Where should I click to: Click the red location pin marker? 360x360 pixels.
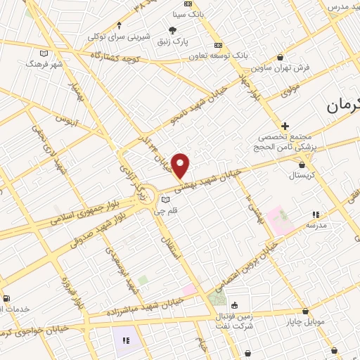tap(181, 165)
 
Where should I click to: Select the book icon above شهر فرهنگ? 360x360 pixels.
tap(44, 53)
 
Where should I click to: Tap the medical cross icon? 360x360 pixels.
tap(284, 125)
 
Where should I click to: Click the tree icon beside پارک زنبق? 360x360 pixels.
tap(172, 30)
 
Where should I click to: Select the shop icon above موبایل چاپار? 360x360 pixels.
tap(305, 311)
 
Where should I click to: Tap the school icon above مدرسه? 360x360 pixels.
tap(316, 214)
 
